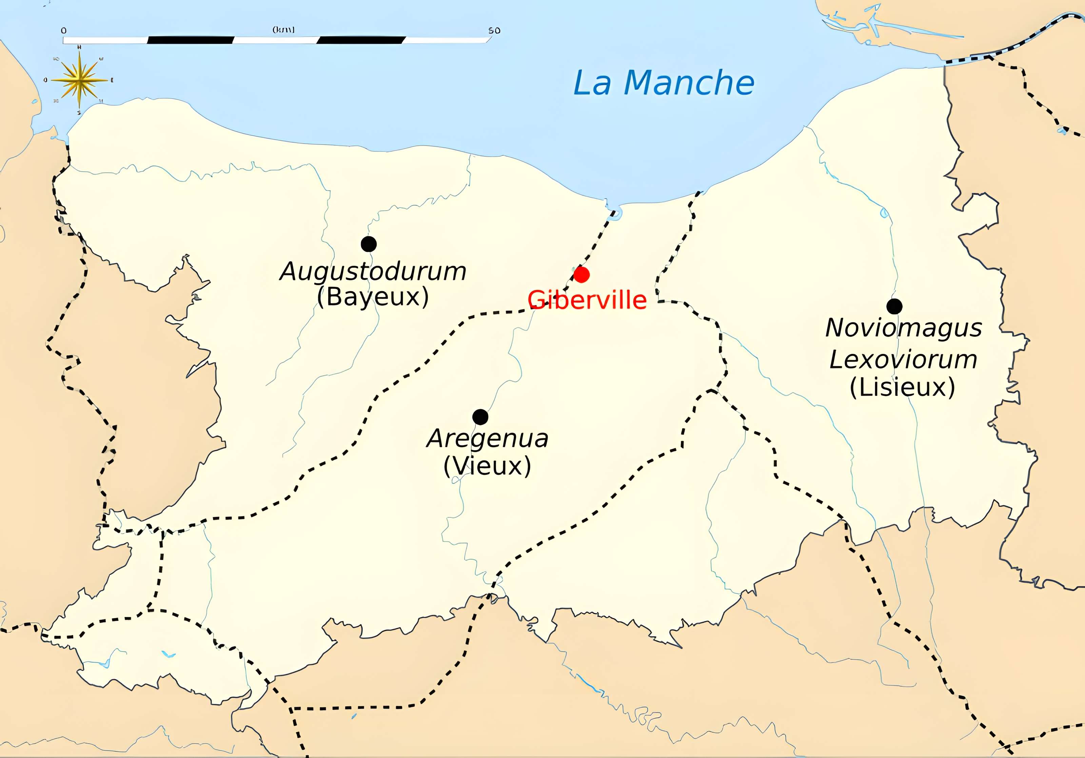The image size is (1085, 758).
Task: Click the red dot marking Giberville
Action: pos(581,274)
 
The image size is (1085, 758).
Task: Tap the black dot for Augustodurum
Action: pos(369,244)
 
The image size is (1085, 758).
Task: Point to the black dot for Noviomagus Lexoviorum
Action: pos(894,306)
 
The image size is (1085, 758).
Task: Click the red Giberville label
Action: pos(587,300)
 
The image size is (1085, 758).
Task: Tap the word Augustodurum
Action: pos(373,272)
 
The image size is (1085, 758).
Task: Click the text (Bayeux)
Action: pos(373,297)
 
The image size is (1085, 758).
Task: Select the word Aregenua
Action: pos(487,439)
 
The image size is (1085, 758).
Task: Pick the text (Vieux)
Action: pos(487,466)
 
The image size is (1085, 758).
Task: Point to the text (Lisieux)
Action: pos(902,387)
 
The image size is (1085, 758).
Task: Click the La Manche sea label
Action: pos(664,83)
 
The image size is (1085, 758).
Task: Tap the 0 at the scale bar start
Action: pos(64,31)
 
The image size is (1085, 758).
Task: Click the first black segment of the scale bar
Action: pos(191,40)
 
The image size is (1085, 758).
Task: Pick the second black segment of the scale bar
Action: pos(361,40)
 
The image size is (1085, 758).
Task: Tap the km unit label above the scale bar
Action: pos(283,30)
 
